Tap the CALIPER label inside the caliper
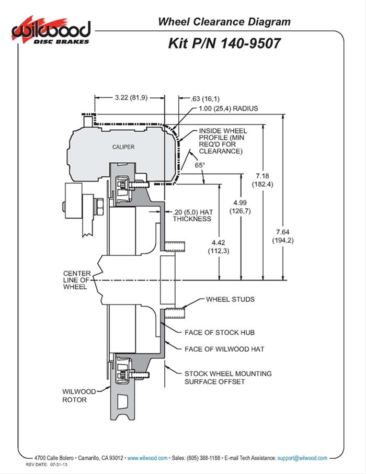click(x=123, y=147)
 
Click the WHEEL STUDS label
click(x=231, y=299)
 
